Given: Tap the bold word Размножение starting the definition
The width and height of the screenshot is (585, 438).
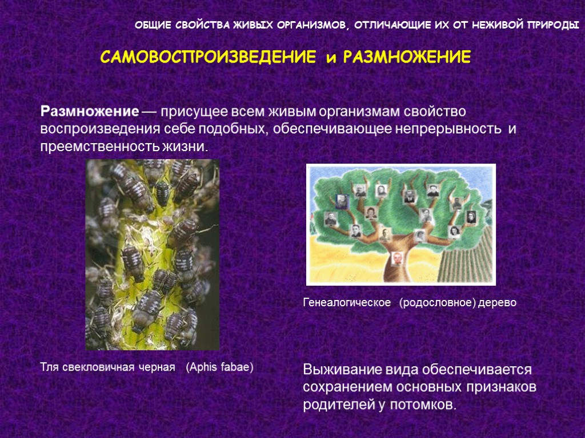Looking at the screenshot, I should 90,110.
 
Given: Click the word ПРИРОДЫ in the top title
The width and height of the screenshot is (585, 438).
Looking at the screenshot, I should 554,26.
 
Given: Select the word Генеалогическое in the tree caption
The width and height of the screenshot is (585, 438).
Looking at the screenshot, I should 347,303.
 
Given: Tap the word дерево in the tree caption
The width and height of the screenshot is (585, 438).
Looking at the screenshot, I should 498,303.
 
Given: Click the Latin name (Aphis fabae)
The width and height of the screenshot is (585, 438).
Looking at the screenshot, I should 219,367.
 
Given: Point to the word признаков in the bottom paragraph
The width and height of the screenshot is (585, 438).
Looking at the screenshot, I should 502,387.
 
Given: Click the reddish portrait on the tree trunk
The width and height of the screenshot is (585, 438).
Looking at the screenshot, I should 397,259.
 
